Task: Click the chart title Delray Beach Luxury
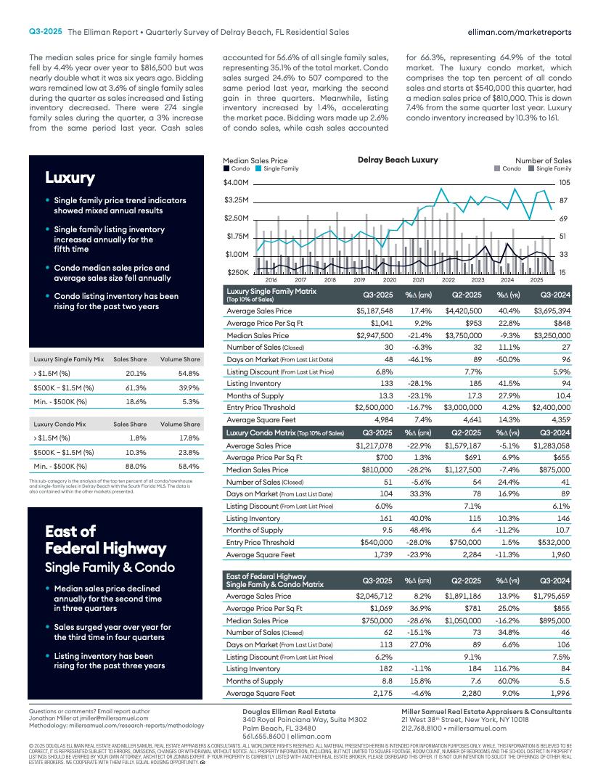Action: pos(398,160)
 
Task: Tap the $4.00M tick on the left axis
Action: pos(236,182)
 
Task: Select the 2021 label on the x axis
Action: pos(419,279)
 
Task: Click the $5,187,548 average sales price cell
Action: pos(374,311)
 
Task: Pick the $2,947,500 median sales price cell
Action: pos(374,336)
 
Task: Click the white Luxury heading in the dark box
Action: pos(70,178)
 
